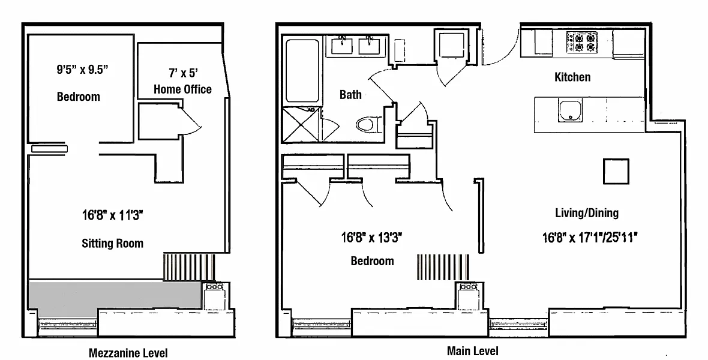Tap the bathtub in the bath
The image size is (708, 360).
[304, 71]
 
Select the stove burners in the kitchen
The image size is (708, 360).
[582, 42]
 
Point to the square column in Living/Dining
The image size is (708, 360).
[616, 172]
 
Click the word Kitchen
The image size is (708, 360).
[572, 77]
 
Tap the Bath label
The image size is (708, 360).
[350, 94]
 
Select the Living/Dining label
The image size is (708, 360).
[586, 212]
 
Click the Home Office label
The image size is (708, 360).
[182, 89]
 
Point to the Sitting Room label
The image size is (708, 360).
[113, 243]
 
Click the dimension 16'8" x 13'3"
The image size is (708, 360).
[371, 237]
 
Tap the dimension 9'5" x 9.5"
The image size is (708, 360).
[79, 68]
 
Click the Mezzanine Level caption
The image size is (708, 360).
[128, 353]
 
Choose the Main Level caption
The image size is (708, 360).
[472, 351]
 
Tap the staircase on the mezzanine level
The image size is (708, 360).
[188, 267]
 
